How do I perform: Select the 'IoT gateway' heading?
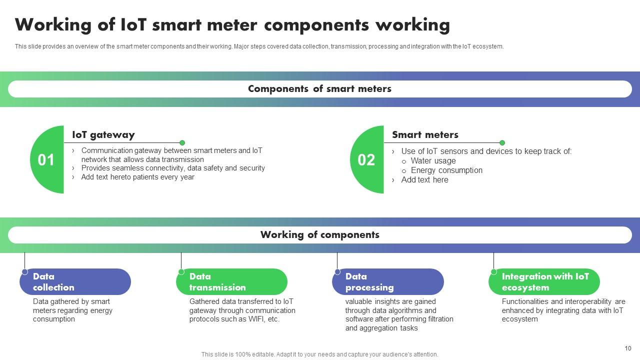point(103,135)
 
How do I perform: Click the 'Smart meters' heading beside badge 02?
point(425,135)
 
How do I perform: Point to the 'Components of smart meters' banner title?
point(319,89)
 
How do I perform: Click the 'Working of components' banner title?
point(319,235)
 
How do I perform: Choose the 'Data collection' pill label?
point(75,282)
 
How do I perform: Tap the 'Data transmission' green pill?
point(231,282)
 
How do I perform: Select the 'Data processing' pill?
point(387,282)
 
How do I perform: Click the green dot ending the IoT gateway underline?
point(182,143)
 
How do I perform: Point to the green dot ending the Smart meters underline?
point(502,143)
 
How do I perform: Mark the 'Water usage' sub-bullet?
point(433,161)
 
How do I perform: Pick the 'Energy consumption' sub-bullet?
point(446,170)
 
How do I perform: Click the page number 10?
point(628,348)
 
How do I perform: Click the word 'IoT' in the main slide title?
point(134,25)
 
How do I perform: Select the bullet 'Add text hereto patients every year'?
point(137,177)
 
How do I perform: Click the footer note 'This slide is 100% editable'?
point(319,354)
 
